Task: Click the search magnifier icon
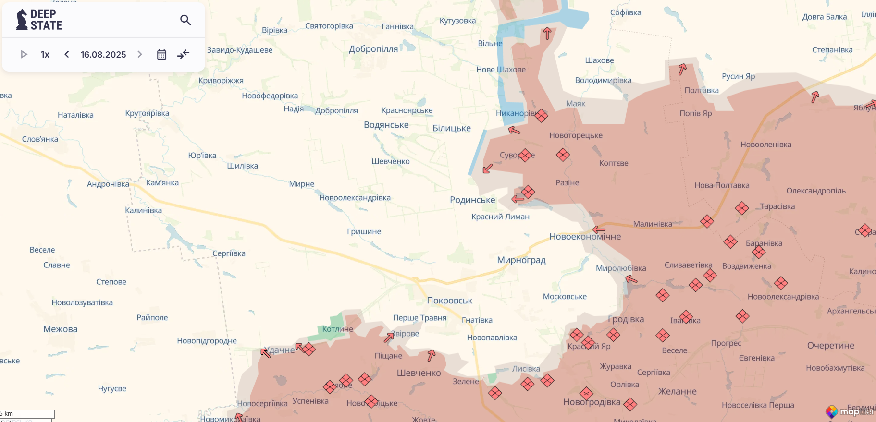(185, 20)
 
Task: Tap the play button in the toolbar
(24, 54)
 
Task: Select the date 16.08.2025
(103, 55)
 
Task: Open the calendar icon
(161, 54)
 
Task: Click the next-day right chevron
(140, 54)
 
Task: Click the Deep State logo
(39, 20)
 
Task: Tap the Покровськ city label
(449, 301)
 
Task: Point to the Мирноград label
(521, 260)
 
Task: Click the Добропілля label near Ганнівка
(373, 49)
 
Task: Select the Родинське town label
(472, 200)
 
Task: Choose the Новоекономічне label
(585, 237)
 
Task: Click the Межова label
(60, 329)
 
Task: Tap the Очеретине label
(830, 346)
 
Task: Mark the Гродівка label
(626, 319)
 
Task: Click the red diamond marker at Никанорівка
(541, 116)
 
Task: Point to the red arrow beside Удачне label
(265, 353)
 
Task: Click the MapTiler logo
(850, 411)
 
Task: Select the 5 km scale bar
(27, 414)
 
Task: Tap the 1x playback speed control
(45, 54)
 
